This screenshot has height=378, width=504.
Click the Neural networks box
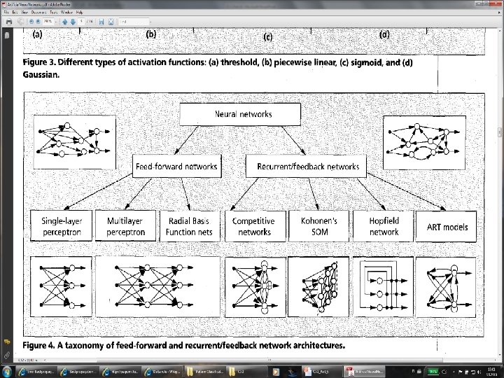240,114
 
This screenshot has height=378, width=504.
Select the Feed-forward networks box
176,167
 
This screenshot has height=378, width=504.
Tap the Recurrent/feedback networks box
303,167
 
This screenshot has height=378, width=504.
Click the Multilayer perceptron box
126,225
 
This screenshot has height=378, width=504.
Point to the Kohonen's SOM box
318,225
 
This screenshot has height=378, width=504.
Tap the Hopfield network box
384,225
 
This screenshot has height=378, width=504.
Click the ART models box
447,227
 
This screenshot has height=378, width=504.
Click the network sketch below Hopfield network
384,288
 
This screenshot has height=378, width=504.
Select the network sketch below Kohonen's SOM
318,288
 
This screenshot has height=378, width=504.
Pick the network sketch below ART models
448,288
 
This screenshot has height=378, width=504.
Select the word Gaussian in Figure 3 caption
41,73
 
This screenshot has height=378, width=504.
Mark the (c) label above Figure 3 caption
267,36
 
